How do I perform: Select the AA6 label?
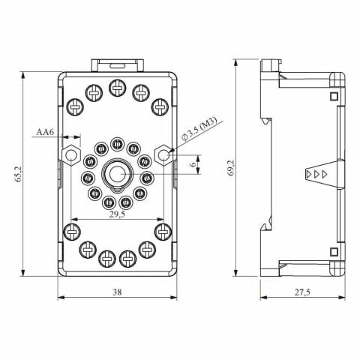(x=46, y=132)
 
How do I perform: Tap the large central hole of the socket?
(x=116, y=173)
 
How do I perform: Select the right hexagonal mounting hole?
(x=162, y=154)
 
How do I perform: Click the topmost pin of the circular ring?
(x=116, y=144)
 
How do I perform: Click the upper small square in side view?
(x=332, y=96)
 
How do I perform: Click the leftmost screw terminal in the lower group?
(x=72, y=230)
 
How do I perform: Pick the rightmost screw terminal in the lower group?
(x=161, y=230)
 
